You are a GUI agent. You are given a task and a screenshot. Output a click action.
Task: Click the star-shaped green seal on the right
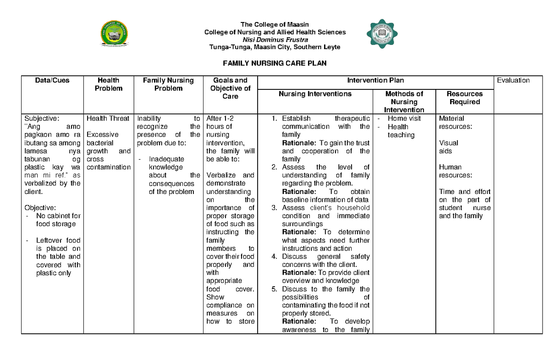coord(381,35)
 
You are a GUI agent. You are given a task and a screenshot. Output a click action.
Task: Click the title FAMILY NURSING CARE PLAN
coord(275,63)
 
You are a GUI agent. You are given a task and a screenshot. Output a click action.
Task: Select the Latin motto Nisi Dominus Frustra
coord(275,40)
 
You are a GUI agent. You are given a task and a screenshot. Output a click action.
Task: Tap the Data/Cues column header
coord(52,80)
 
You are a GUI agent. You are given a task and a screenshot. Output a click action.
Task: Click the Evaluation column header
coord(513,80)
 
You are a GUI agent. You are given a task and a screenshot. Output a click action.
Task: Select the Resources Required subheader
coord(464,98)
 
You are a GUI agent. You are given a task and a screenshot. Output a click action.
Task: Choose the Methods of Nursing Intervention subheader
coord(404,102)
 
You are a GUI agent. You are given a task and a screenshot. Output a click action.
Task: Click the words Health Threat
coord(108,118)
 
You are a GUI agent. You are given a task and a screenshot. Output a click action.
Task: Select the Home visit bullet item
coord(404,118)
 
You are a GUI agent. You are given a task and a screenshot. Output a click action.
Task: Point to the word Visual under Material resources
coord(448,143)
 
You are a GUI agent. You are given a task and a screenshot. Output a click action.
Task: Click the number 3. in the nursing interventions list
coord(274,208)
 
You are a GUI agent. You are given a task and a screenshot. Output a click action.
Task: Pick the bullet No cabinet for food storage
coord(58,220)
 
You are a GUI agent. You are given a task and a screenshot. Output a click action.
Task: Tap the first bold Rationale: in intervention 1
coord(299,143)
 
